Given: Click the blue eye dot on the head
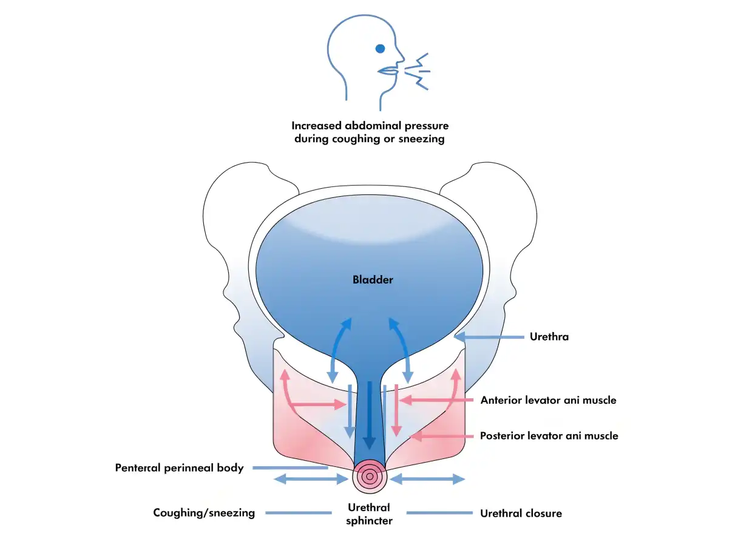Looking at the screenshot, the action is point(380,49).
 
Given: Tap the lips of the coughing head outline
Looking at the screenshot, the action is point(388,71).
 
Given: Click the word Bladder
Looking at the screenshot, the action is point(373,280).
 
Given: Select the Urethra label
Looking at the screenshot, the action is point(549,337).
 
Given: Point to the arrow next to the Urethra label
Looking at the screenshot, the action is point(489,337).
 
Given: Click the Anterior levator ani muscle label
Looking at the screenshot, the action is point(548,400).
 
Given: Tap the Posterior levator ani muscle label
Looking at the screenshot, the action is point(549,435).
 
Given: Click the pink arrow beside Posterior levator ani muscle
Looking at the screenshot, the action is point(441,437).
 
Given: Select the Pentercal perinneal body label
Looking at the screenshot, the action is point(179,468).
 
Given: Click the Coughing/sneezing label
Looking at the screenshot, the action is point(204,512).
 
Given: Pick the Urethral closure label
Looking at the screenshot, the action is point(521,514).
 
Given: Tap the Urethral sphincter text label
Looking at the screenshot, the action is point(369,514).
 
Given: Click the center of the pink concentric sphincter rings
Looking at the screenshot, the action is point(370,476).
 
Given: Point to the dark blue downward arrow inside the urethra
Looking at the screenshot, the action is point(370,415).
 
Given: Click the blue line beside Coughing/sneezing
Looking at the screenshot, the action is point(299,512).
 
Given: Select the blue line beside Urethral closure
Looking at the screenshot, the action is point(439,512).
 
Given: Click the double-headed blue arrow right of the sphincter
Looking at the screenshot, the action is point(427,479).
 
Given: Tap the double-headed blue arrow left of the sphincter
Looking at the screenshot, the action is point(311,479).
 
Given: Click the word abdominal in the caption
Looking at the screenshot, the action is point(373,126).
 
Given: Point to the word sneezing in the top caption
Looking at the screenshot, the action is point(421,139).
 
